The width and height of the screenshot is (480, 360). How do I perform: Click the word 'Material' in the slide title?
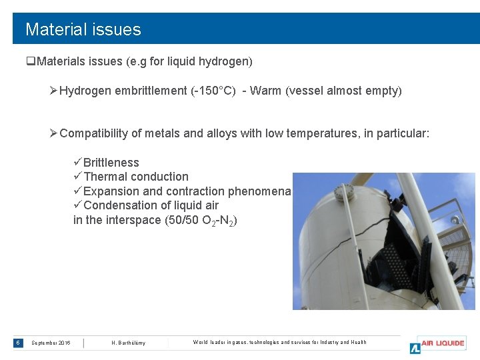(x=55, y=29)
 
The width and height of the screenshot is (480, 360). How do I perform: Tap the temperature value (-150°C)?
(x=213, y=91)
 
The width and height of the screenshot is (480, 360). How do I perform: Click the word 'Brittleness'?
(x=111, y=163)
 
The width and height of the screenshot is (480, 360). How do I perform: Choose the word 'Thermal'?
(x=105, y=177)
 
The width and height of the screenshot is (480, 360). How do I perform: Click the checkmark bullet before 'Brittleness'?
(x=77, y=163)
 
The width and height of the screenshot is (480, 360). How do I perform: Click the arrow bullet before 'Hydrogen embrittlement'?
(x=53, y=91)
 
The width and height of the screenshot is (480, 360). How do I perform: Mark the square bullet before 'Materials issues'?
(x=30, y=62)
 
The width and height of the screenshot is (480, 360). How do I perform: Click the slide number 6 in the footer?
(x=18, y=343)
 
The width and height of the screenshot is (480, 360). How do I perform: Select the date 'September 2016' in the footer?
(x=51, y=343)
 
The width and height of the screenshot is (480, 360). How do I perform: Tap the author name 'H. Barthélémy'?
(x=128, y=343)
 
